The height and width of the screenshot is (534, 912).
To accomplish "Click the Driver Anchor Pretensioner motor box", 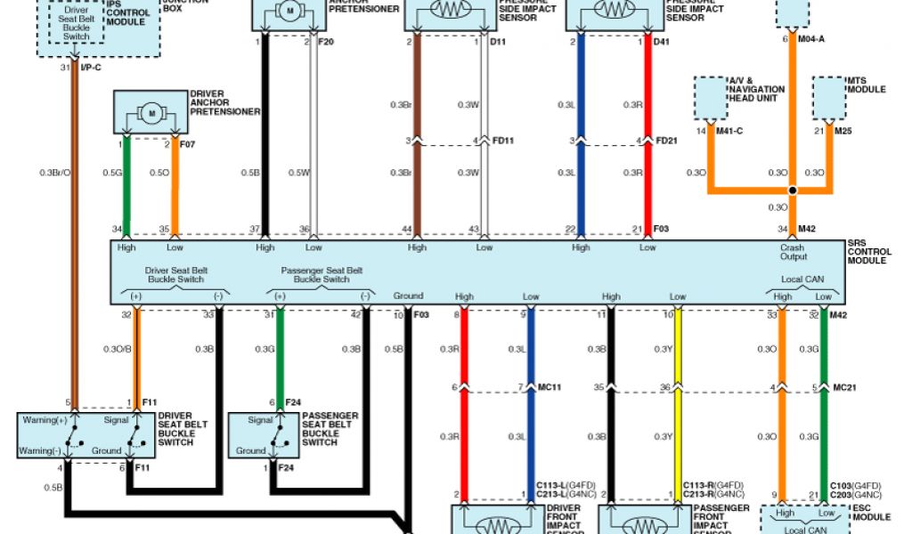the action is (151, 113).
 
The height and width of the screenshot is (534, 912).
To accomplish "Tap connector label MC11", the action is (549, 387).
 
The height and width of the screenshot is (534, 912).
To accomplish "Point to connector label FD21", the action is (667, 140).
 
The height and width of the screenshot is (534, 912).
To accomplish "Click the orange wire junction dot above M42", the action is (791, 190).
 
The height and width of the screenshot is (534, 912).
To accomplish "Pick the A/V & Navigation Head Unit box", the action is (710, 98).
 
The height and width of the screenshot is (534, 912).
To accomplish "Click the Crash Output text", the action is (794, 252).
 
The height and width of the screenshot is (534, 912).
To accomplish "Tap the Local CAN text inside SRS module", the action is (802, 279).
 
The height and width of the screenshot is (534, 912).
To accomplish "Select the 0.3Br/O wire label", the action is (55, 172).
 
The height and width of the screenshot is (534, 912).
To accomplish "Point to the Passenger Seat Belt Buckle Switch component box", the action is (264, 434).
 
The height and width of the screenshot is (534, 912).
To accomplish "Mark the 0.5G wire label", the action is (111, 172).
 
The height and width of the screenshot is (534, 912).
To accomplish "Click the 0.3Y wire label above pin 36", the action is (663, 349).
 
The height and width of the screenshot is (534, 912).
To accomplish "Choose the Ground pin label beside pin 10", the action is (408, 295).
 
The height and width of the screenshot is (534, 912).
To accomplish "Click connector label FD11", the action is (504, 140).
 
